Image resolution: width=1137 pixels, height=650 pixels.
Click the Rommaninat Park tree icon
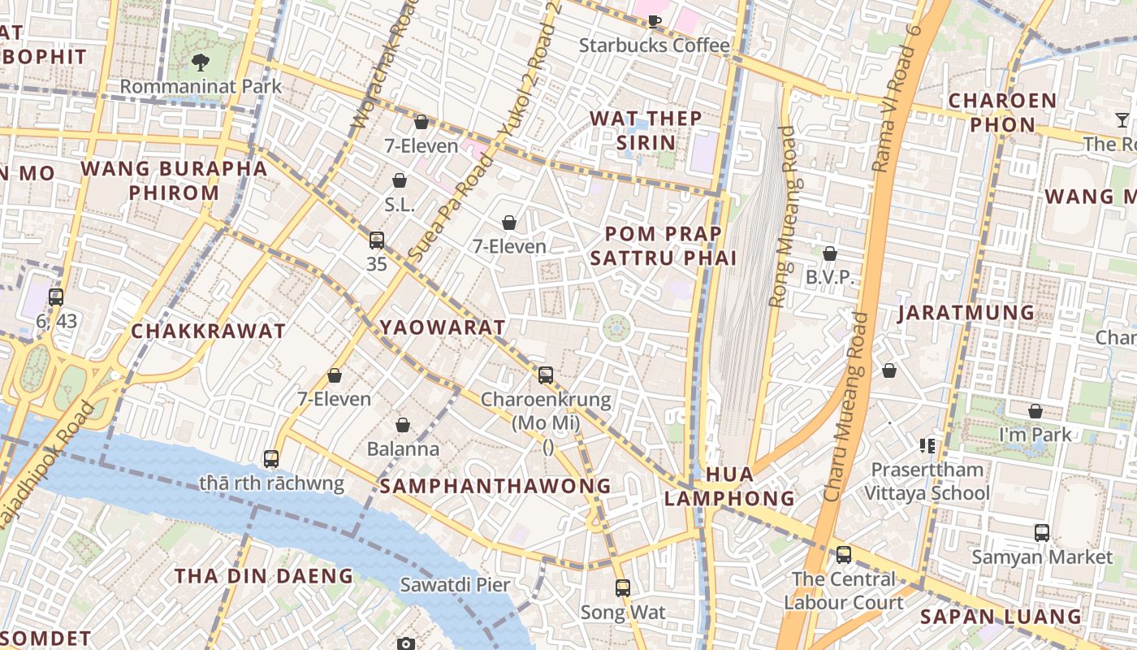(x=200, y=62)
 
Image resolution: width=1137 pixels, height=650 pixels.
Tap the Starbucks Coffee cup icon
(x=655, y=21)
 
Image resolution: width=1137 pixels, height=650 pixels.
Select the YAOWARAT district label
(x=443, y=327)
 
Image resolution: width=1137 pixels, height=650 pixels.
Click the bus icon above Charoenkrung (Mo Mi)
(x=546, y=375)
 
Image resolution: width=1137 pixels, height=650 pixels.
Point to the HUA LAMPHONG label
(x=729, y=486)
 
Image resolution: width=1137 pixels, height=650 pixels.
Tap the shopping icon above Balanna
(x=402, y=425)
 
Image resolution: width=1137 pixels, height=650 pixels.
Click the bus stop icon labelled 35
(x=376, y=240)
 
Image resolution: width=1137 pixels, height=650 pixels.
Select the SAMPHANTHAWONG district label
(x=495, y=486)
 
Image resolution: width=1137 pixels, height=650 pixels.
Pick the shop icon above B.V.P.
(x=829, y=253)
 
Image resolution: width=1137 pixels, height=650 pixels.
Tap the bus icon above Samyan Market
(x=1042, y=533)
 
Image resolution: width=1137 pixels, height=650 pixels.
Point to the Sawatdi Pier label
(x=455, y=584)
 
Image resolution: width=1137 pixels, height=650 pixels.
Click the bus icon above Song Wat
(x=622, y=587)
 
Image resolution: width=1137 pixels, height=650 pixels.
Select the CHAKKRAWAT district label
(x=208, y=331)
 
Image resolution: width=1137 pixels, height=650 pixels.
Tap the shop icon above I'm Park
(x=1035, y=411)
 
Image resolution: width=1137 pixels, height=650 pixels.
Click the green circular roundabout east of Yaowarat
(x=616, y=327)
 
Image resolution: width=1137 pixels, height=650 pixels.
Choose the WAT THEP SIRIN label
(x=646, y=130)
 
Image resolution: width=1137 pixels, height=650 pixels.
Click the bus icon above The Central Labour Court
(x=844, y=555)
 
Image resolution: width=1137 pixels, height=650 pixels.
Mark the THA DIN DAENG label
(x=264, y=576)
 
